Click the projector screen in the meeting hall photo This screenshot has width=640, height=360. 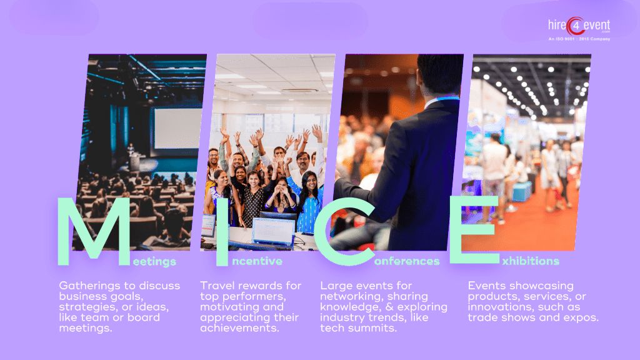[177, 128]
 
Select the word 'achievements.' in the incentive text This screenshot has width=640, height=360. [239, 329]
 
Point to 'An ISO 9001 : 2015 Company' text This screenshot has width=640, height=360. [579, 39]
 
